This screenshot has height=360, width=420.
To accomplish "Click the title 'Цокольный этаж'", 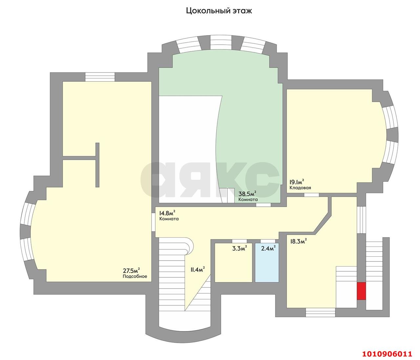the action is point(219,11).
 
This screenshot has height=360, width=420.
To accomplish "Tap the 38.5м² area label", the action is point(247,193).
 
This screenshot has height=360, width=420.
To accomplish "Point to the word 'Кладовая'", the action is point(300,188).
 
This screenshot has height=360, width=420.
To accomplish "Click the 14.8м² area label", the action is point(167,213).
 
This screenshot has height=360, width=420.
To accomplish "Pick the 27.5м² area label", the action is point(131,270).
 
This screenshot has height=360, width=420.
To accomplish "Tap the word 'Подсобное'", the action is point(135,276).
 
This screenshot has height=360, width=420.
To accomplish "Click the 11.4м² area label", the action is point(197,269).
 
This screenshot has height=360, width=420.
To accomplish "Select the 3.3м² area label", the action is point(240,248).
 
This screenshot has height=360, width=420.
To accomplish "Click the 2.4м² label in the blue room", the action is point(268,248).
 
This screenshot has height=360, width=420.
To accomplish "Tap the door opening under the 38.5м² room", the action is point(263,205).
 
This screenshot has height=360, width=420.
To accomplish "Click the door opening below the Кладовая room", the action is point(311,195).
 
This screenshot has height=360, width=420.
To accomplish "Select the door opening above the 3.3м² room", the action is point(239,241).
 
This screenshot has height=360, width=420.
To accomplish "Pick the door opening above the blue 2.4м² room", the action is point(268,241).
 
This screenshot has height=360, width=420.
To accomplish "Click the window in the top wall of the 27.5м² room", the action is point(100,77).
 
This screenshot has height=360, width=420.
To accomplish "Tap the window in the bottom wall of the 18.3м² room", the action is point(321,312).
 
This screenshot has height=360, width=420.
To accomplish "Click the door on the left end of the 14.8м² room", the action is point(154,222).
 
